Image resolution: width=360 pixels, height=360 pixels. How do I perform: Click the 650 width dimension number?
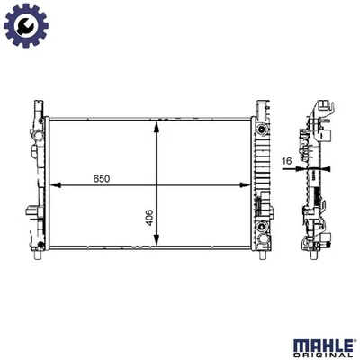click(101, 179)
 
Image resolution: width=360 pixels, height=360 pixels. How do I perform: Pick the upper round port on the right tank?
click(262, 129)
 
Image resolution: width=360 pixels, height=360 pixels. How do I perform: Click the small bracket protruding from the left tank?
click(33, 215)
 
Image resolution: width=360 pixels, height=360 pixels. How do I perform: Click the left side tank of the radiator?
click(40, 180)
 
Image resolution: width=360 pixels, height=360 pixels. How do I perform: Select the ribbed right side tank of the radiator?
click(262, 180)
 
